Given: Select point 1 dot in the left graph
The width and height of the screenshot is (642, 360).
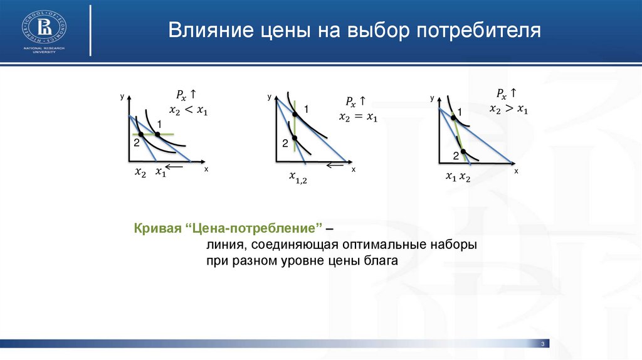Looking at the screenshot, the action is [x=157, y=134].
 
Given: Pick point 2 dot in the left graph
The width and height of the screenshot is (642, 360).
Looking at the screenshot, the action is [x=141, y=134].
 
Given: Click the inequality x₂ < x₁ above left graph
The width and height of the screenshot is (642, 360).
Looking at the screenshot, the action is [x=188, y=110].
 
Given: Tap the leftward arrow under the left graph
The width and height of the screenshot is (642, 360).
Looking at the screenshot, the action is [x=174, y=166].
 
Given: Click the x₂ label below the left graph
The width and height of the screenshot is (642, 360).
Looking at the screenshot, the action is [x=140, y=172].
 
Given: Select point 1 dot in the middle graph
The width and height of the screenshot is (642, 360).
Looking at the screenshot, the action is [x=295, y=114].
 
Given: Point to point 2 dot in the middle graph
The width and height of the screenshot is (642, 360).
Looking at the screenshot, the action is [x=295, y=138].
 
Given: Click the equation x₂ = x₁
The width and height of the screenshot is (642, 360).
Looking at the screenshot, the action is [x=358, y=117].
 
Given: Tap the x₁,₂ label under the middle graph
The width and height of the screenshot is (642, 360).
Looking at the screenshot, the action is [x=298, y=177].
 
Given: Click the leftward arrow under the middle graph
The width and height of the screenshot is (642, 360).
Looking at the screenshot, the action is [x=335, y=165].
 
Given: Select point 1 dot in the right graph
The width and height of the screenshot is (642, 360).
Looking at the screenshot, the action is [x=453, y=118].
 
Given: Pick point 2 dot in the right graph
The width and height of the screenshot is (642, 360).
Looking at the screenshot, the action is [x=463, y=152].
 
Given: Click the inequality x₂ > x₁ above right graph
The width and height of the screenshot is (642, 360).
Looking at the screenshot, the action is [x=509, y=109].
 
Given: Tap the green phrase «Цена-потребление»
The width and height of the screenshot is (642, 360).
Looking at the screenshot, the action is [x=256, y=228].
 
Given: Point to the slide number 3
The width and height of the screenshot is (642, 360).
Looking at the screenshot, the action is [x=543, y=344].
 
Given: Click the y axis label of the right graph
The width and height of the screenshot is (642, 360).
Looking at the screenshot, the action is [x=433, y=98].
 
